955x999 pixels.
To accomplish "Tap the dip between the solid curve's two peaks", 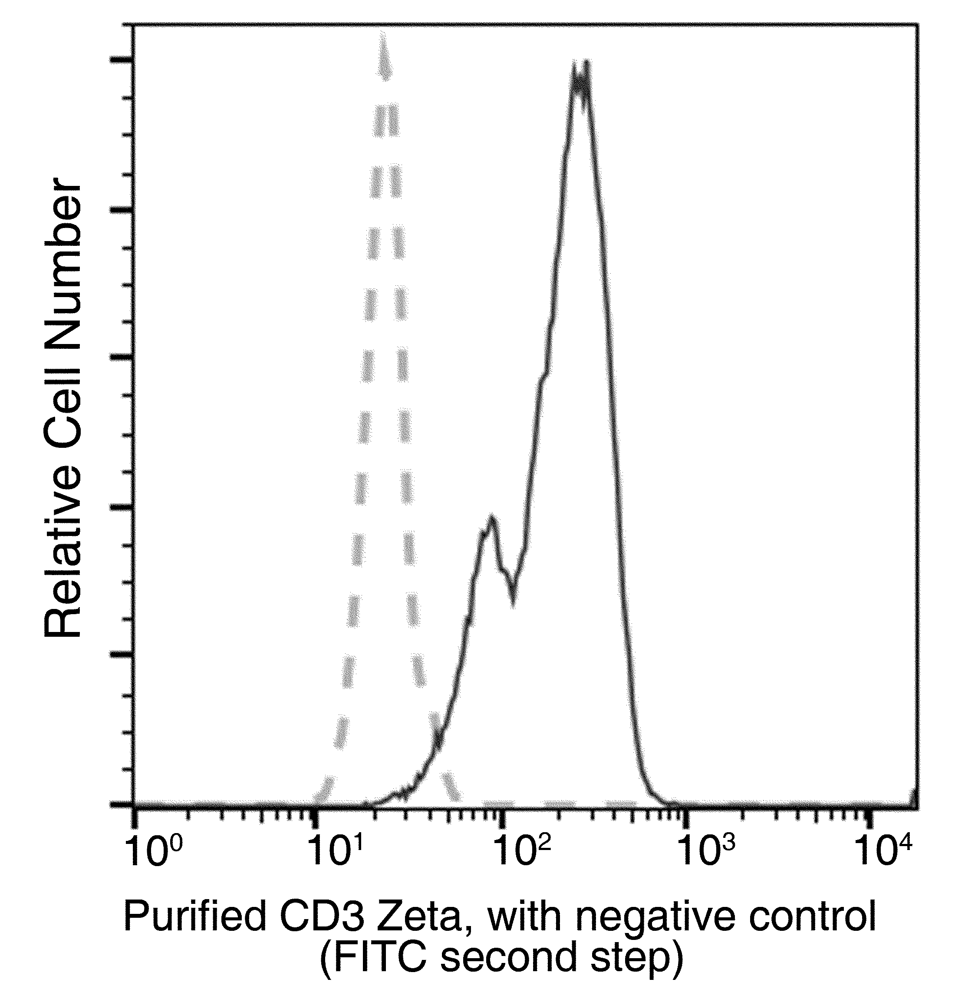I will pos(513,601).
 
